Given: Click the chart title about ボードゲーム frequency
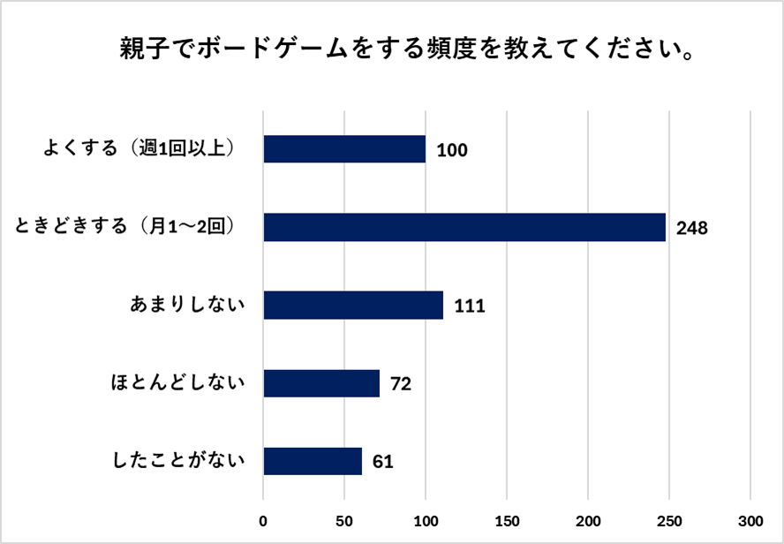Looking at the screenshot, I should coord(405,49).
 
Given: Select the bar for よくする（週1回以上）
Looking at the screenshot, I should coord(344,149).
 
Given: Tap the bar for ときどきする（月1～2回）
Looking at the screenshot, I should coord(464,227).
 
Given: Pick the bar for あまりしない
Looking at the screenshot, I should coord(353,306).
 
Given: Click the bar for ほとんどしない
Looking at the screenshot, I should coord(321,383).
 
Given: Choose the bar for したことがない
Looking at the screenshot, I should coord(313,461).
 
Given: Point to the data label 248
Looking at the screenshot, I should coord(692,228).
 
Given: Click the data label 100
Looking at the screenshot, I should coord(451,150).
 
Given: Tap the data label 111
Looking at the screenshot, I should coord(470,306).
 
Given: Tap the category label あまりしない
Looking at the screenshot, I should coord(186,306).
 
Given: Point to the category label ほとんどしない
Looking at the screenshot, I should coord(177,383).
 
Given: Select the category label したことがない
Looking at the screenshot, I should coord(177,461).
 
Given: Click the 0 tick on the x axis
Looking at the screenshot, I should coord(263,518).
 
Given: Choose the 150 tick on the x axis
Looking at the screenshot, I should coord(507,518).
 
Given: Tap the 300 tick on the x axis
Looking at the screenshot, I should coord(750,518).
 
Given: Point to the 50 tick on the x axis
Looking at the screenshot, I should coord(344,518).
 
